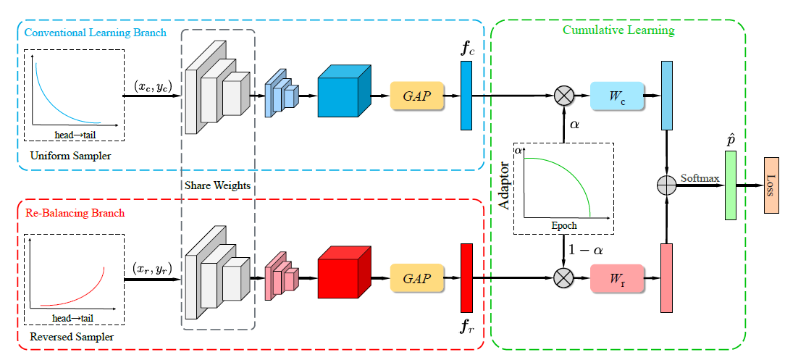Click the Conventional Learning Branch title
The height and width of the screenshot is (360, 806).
pos(95,33)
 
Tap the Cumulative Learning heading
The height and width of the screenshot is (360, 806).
pos(618,30)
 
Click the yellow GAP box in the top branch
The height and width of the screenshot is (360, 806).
pos(416,96)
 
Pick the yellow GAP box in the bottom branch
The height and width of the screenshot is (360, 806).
pos(416,277)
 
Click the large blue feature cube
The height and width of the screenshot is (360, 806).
pos(343,94)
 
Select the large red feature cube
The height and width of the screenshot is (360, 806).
pos(343,276)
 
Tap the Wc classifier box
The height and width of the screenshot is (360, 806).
pos(617,95)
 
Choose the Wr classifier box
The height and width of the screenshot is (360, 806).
pos(617,277)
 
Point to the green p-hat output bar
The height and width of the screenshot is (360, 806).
pos(730,185)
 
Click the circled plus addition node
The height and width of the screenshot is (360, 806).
pos(666,185)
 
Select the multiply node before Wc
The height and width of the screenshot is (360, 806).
pos(563,96)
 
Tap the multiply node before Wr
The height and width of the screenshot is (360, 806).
pos(563,277)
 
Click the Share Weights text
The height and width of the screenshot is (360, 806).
pos(217,185)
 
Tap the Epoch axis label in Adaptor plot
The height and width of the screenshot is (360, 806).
pos(564,225)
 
